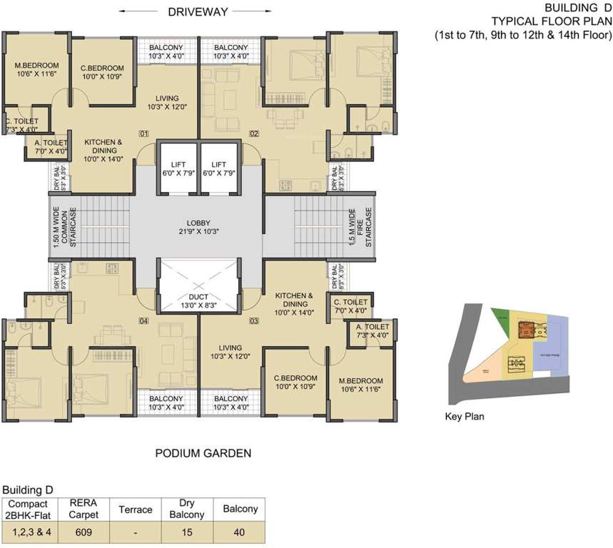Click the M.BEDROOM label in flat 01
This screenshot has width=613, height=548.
(x=36, y=70)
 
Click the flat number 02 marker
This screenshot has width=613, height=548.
(x=253, y=133)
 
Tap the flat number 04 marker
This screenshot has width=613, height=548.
(x=143, y=321)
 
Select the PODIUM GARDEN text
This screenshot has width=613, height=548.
(x=203, y=453)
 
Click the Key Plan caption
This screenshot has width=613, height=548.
(x=464, y=417)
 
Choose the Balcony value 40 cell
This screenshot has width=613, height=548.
(x=240, y=532)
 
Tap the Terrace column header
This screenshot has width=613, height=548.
(x=136, y=509)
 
